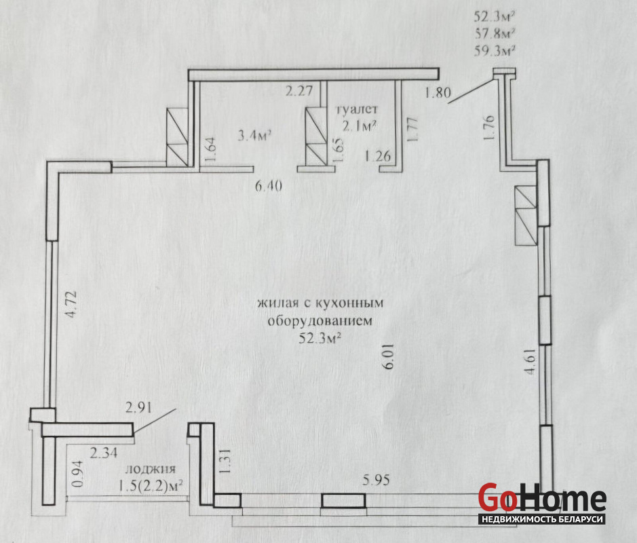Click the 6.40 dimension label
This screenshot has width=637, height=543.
pos(269,186)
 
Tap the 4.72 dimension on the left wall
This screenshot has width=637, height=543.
pos(71,303)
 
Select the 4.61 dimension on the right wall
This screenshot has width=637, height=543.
pos(531,361)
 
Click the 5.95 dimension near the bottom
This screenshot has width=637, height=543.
pos(376,480)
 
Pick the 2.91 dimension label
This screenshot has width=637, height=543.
pos(138,407)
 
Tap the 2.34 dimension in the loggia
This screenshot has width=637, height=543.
pos(104,452)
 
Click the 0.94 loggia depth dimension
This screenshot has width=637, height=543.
pos(78,474)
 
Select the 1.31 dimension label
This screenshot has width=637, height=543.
pos(225,461)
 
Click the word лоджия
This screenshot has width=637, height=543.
pos(151,470)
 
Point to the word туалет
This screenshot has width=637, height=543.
pos(356,109)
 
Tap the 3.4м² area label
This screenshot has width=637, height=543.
pos(254,135)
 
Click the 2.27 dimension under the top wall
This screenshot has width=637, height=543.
pos(299,90)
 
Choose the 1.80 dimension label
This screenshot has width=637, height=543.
pos(438,93)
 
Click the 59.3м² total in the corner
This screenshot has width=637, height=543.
pos(495,51)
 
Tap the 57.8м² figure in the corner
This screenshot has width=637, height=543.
pos(495,33)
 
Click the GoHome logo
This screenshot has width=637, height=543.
pos(542,503)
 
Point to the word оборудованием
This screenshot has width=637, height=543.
pos(320,321)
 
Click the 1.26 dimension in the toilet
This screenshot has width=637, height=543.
pos(378,155)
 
